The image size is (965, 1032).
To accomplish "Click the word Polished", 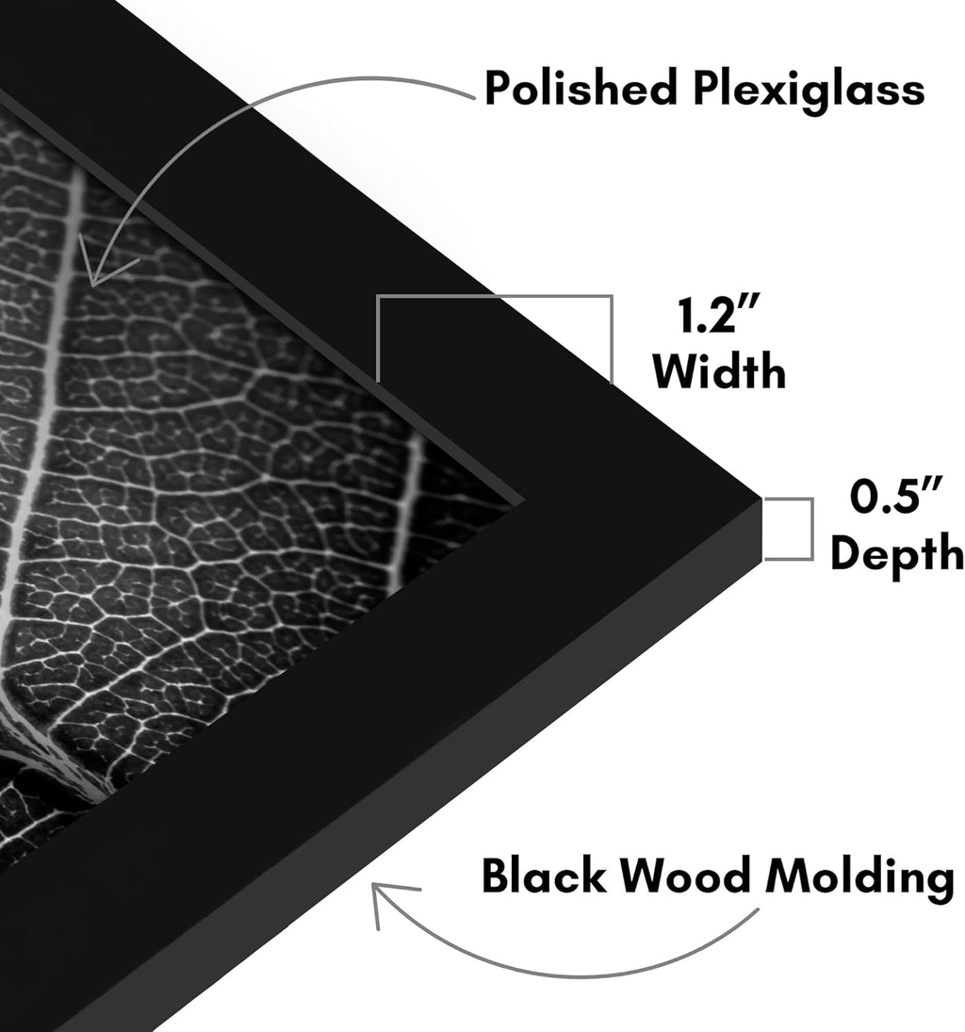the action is tap(581, 88).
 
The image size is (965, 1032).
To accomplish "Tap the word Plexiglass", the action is tap(809, 90).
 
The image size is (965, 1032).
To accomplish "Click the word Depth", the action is tap(897, 553).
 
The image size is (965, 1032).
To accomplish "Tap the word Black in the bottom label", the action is tap(544, 876).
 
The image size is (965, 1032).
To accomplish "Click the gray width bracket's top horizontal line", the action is tap(495, 297).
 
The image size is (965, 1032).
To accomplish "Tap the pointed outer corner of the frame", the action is tap(761, 499).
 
